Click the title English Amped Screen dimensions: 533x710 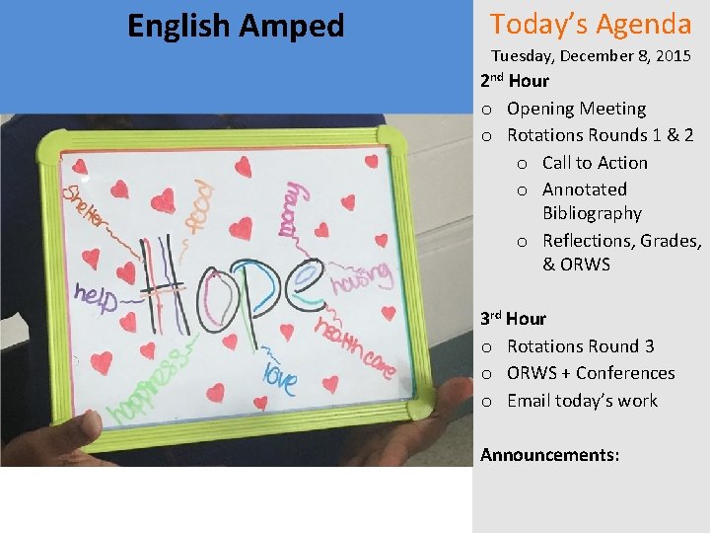coord(236,26)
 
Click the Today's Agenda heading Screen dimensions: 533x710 coord(591,24)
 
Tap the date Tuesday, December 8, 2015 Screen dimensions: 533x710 coord(591,56)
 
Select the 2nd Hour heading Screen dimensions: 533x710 coord(514,81)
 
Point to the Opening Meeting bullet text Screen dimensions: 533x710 coord(576,109)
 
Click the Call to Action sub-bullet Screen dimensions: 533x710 coord(595,163)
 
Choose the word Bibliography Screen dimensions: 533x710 coord(592,213)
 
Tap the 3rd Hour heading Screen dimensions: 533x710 coord(513,319)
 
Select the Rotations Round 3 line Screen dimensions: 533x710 coord(580,346)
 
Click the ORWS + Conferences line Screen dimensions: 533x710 coord(591,373)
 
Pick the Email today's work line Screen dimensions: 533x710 coord(582,401)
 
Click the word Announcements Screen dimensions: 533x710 coord(549,455)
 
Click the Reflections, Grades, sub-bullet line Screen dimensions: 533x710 coord(621,241)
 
